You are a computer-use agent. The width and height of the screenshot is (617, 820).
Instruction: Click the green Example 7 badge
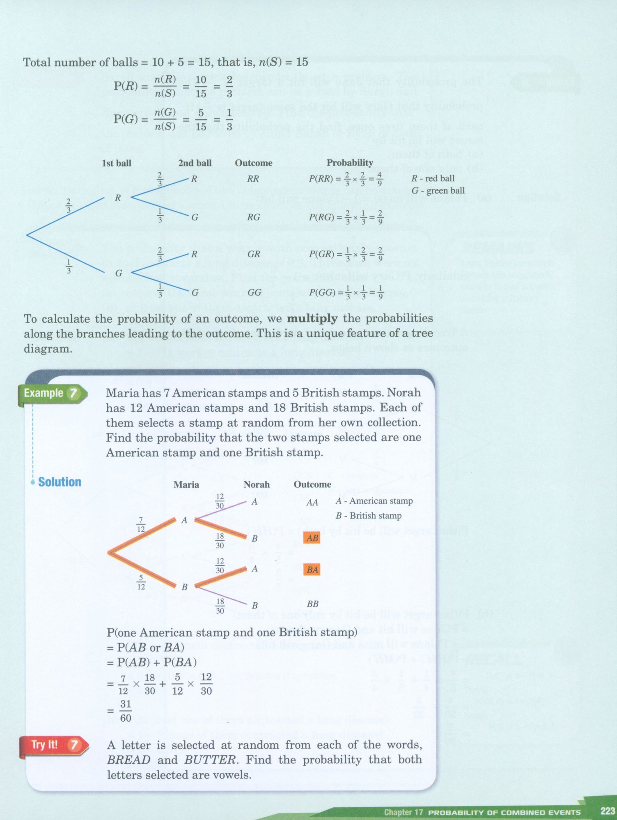click(51, 394)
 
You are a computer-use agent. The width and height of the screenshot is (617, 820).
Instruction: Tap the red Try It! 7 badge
click(54, 745)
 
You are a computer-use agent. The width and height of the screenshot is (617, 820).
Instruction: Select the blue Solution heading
click(60, 482)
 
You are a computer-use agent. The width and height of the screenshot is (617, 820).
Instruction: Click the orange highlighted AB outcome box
click(312, 538)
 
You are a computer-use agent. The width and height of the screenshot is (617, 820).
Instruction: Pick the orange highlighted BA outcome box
click(312, 569)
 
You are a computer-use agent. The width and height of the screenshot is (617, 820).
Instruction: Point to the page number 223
click(607, 811)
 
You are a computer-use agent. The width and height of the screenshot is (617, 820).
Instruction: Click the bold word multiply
click(312, 319)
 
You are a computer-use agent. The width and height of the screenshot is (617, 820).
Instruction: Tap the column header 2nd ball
click(195, 163)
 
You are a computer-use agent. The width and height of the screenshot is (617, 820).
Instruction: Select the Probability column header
click(349, 163)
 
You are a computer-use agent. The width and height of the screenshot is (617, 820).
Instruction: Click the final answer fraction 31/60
click(126, 711)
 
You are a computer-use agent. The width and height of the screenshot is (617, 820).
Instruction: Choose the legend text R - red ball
click(433, 178)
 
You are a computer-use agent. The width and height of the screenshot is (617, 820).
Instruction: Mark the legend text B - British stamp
click(368, 516)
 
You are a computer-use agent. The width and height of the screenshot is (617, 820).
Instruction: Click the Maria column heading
click(186, 485)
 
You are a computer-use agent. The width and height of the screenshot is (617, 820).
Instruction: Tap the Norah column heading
click(257, 485)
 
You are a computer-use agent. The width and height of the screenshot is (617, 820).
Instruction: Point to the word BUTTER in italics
click(211, 760)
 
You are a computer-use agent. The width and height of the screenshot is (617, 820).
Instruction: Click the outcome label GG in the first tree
click(254, 292)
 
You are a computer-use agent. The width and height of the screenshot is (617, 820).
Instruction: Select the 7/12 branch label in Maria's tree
click(141, 525)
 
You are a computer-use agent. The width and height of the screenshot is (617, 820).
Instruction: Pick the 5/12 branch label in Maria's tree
click(141, 582)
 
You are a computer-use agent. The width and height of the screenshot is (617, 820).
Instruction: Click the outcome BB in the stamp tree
click(312, 604)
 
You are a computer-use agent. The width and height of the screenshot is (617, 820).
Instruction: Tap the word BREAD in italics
click(128, 760)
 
